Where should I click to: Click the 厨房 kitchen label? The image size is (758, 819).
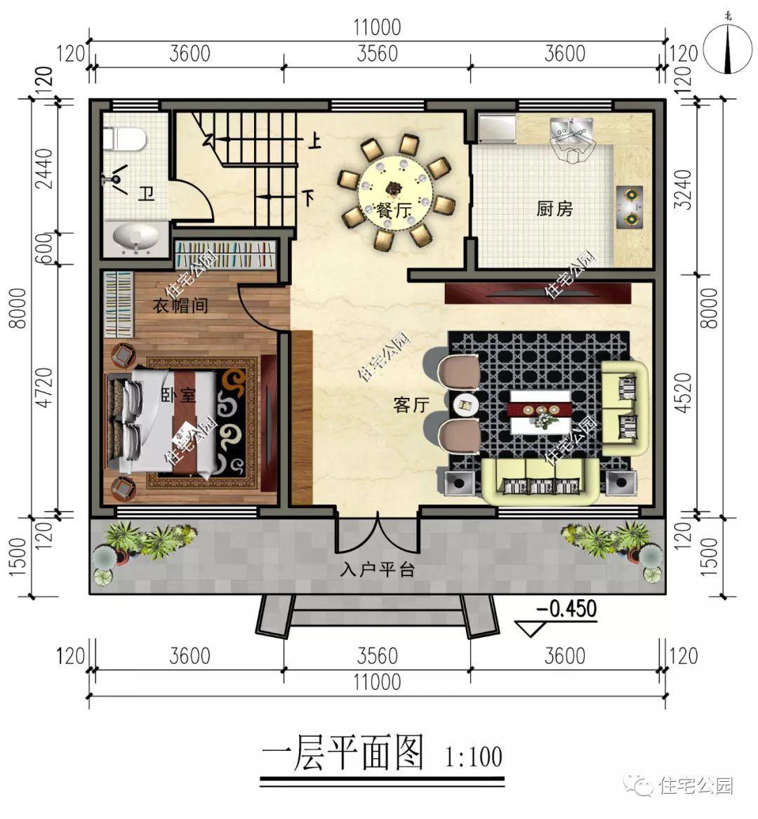tap(554, 208)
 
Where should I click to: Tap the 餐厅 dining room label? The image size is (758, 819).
tap(394, 210)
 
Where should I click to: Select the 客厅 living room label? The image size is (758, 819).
tap(411, 404)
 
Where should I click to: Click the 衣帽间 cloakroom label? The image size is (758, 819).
tap(180, 306)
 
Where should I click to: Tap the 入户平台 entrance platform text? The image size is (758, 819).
tap(378, 569)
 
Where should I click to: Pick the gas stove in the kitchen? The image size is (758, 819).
tap(631, 206)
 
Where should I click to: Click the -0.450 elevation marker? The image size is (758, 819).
tap(566, 608)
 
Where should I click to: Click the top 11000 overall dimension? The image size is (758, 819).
tap(377, 27)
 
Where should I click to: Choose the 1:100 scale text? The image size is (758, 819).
tap(474, 757)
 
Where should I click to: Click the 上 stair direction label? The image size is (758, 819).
tap(314, 142)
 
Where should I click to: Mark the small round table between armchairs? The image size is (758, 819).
tap(465, 404)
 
